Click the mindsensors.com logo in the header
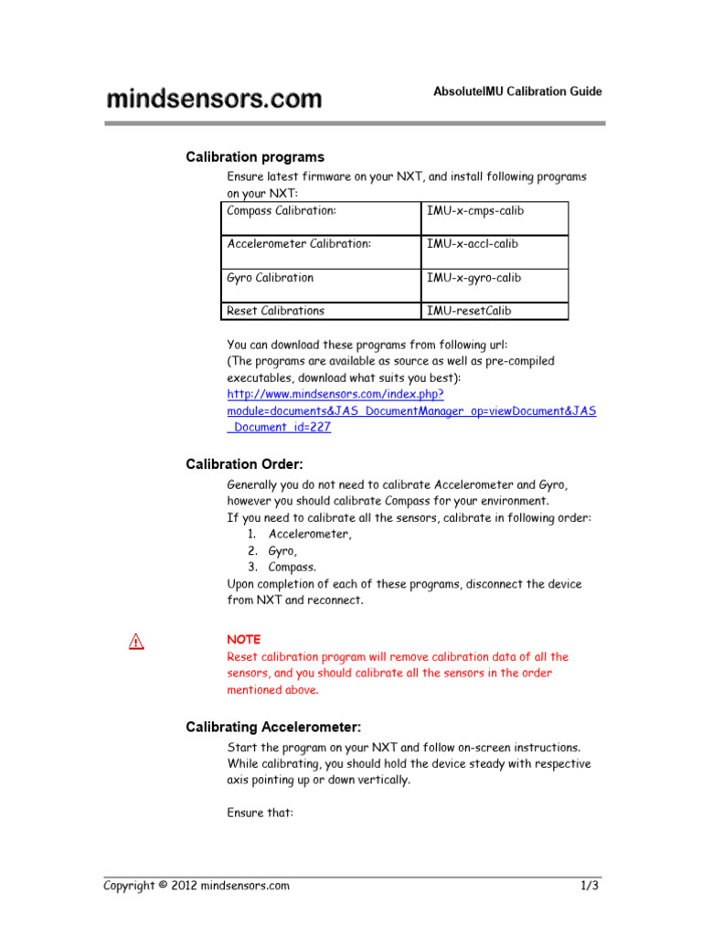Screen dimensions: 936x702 click(214, 99)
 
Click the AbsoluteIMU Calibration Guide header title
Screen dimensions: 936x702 click(517, 91)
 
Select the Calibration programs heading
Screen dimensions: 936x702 click(255, 157)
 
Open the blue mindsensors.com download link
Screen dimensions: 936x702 click(410, 410)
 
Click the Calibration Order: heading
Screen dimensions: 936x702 click(244, 464)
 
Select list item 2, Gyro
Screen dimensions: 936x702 click(282, 551)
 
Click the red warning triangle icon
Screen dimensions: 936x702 click(136, 642)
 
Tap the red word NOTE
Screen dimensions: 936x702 click(243, 640)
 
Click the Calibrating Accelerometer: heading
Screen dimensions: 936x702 click(273, 728)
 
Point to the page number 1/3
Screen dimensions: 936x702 click(589, 886)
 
